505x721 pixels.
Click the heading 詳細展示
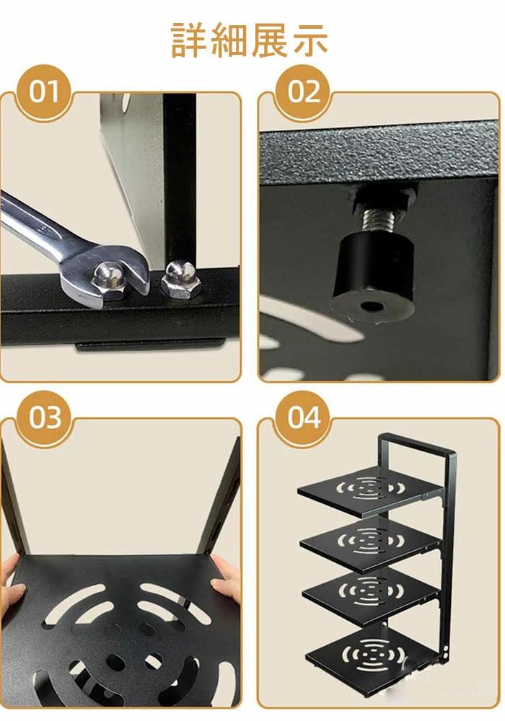(x=249, y=41)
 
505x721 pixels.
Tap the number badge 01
(x=44, y=92)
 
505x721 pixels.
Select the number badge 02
(x=303, y=92)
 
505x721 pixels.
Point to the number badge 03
(x=44, y=418)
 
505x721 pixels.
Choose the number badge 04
(x=303, y=418)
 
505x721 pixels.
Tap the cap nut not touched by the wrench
(x=178, y=280)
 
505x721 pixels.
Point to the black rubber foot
(x=374, y=278)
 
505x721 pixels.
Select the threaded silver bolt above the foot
(x=379, y=220)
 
